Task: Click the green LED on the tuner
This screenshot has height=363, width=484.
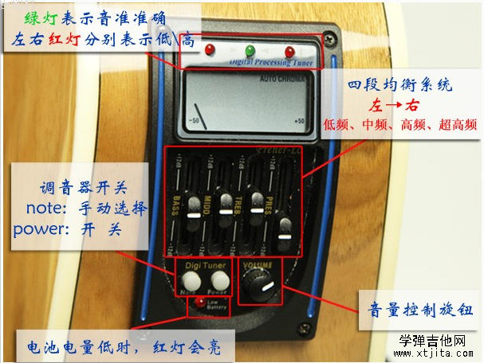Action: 250,51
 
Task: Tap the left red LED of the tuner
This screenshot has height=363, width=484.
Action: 211,51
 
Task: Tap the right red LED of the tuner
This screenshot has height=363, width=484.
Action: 289,52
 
